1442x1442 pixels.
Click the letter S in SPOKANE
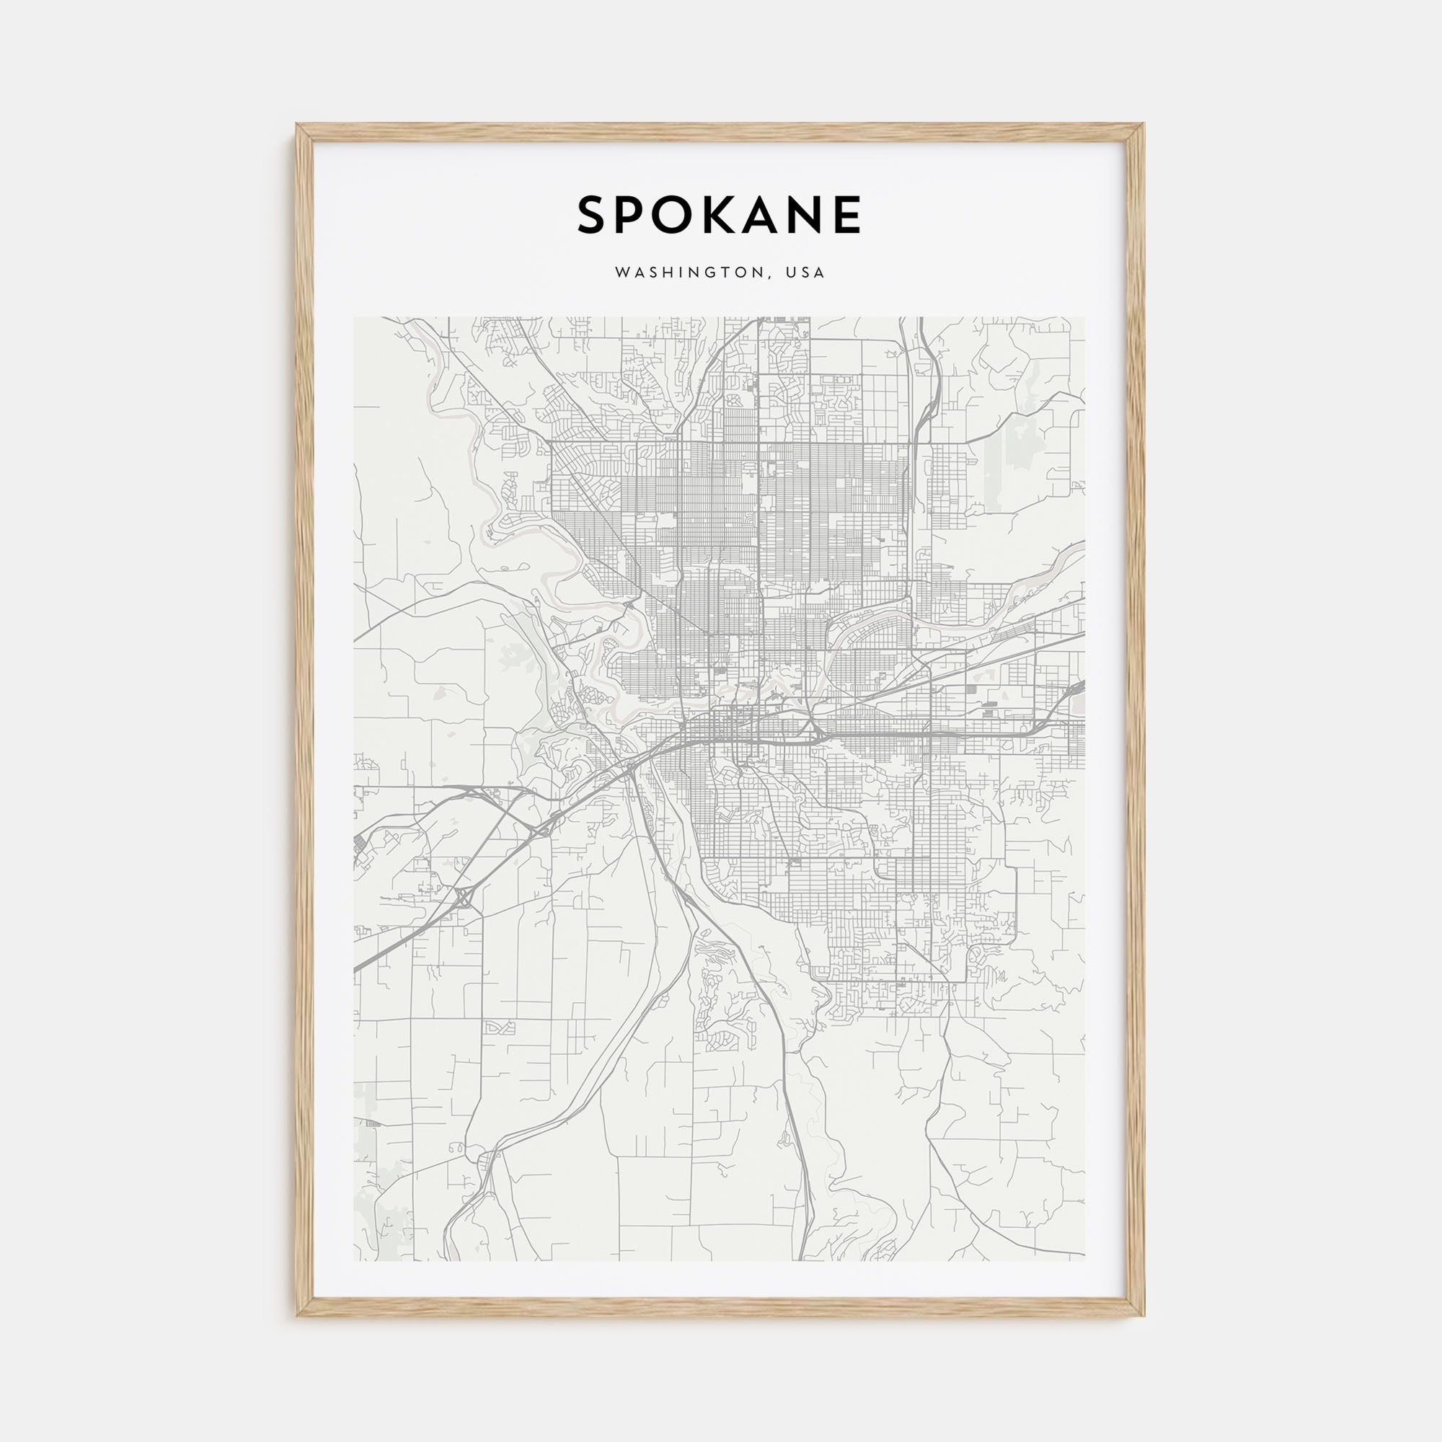pos(595,215)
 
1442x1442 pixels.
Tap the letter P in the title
pos(636,215)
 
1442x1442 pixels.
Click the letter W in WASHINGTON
pos(621,273)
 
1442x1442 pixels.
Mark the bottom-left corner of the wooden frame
pos(297,1315)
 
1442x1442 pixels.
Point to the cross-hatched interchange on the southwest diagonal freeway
pos(464,896)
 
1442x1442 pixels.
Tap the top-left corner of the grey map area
pos(355,318)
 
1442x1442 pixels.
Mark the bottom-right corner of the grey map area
pos(1085,1260)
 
